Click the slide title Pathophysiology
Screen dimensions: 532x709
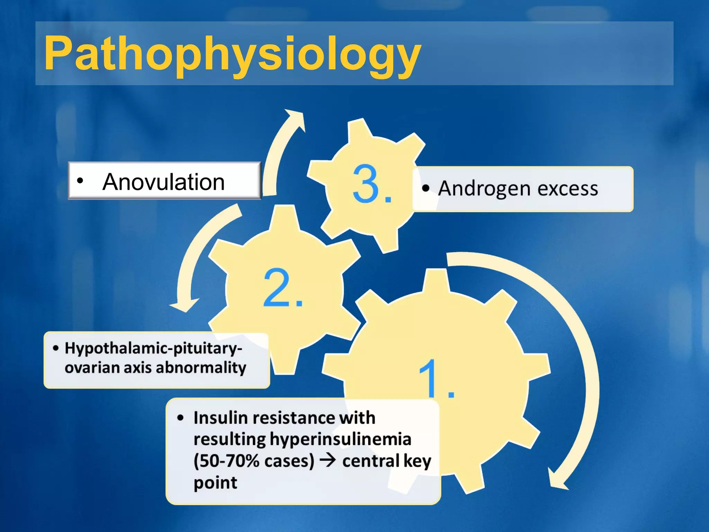point(232,54)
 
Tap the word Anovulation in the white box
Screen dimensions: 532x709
point(163,182)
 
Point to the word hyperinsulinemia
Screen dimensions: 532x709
point(341,439)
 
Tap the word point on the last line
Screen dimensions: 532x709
point(215,483)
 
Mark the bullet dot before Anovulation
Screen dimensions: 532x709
point(80,181)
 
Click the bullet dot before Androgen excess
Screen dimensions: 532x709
point(426,188)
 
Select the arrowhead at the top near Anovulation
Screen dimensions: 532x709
point(295,118)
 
